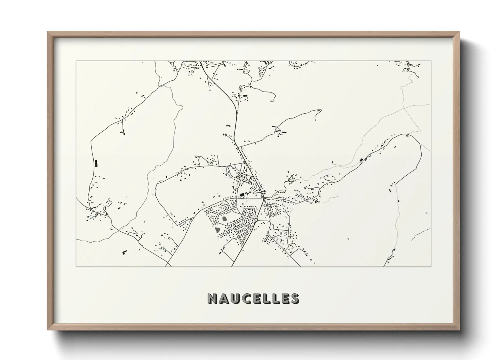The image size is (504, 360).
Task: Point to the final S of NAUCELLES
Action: coord(295,298)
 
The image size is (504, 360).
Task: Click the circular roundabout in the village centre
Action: coord(256,220)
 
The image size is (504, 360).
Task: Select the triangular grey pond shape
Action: coord(218,230)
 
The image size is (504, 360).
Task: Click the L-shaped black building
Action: coord(124,252)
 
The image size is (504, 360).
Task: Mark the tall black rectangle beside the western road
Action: coord(96,163)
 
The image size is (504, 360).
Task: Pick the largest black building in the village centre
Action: coord(242,194)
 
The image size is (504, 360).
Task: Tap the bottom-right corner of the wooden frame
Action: coord(459,330)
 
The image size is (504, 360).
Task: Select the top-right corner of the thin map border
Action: coord(431,61)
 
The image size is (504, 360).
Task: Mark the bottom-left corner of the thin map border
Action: coord(76,266)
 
